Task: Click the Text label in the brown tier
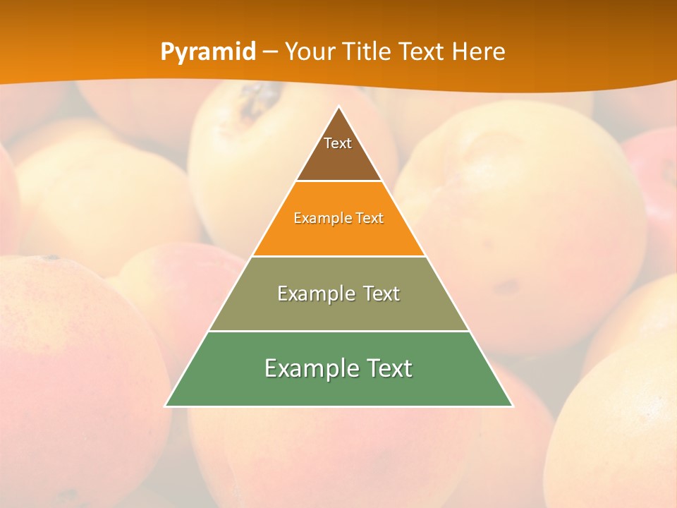pos(338,143)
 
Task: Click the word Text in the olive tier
pos(381,294)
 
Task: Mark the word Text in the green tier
pos(389,368)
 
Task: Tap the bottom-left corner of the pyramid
pos(166,406)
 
